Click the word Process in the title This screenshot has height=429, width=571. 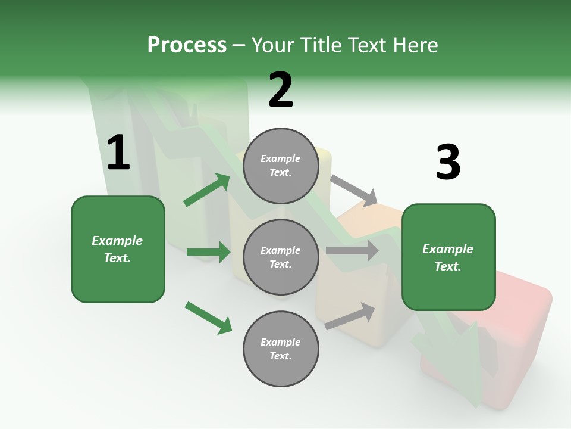[187, 45]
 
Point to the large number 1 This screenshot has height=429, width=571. [118, 153]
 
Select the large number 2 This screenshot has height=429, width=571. [281, 89]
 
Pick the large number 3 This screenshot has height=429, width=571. [448, 162]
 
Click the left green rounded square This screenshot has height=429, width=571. [118, 249]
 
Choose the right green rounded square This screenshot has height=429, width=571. [448, 257]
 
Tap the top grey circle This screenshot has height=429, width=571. [281, 166]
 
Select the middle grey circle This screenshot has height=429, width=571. [281, 257]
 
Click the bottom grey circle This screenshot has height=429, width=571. [281, 349]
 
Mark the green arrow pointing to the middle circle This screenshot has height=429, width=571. [208, 252]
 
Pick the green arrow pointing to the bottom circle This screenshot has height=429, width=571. [208, 318]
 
